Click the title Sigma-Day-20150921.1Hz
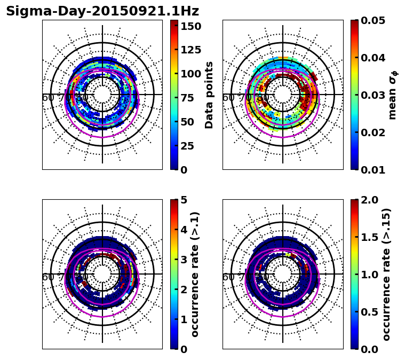pos(102,11)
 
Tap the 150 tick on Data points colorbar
pos(191,26)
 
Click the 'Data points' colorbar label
pos(209,95)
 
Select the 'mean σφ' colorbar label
pos(393,95)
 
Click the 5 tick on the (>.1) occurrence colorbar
pos(184,200)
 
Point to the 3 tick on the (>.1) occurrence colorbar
pos(184,260)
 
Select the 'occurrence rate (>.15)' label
pos(386,274)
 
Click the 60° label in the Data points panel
pos(47,98)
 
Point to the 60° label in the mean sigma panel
pos(228,98)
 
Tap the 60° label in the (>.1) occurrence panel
pos(47,277)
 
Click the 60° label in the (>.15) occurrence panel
pos(228,277)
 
